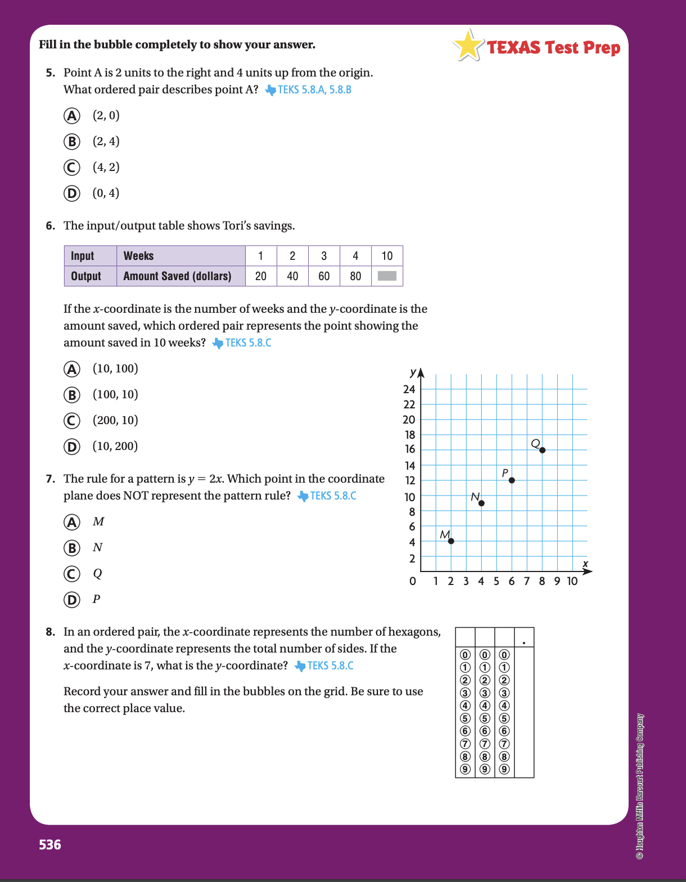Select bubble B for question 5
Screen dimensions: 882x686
[x=71, y=142]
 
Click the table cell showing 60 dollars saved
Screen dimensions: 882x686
[x=324, y=276]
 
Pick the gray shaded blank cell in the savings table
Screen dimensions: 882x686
[x=387, y=276]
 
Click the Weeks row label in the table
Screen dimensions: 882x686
[x=138, y=256]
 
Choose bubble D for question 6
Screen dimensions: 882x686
[x=71, y=447]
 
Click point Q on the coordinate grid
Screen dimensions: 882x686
[x=542, y=450]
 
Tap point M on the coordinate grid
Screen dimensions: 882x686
[x=451, y=541]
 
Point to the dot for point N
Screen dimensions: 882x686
[x=481, y=503]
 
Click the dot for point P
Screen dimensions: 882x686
[x=512, y=480]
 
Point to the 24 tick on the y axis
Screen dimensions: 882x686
[x=409, y=389]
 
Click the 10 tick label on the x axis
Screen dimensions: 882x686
[x=572, y=581]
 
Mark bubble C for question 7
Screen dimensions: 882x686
[x=71, y=574]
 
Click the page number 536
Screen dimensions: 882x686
[x=50, y=844]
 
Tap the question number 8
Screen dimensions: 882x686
[x=51, y=632]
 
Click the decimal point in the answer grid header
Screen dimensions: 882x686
[x=524, y=642]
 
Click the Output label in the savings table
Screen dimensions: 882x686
[x=86, y=276]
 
